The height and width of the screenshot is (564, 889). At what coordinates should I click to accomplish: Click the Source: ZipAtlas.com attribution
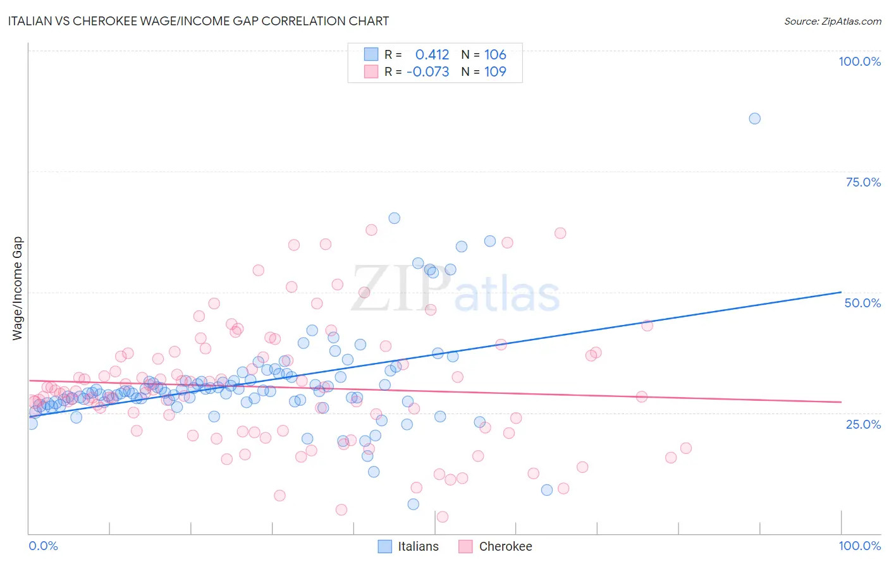click(832, 21)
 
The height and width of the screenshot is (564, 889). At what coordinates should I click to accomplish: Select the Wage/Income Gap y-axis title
click(18, 288)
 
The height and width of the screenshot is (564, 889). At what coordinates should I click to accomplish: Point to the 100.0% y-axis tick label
click(859, 61)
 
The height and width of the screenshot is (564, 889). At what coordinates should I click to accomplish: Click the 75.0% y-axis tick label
click(863, 182)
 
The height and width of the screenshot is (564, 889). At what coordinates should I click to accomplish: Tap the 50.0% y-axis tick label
click(862, 303)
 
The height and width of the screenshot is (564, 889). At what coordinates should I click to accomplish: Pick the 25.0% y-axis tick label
click(863, 424)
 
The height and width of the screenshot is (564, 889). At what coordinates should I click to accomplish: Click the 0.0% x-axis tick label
click(43, 546)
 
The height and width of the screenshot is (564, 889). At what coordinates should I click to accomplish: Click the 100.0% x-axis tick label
click(859, 546)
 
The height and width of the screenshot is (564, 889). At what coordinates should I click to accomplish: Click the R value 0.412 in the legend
click(432, 55)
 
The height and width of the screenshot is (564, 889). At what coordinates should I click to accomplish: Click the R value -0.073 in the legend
click(428, 71)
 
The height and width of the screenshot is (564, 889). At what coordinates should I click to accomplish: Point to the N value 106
click(495, 55)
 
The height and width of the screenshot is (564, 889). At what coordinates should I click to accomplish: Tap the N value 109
click(495, 71)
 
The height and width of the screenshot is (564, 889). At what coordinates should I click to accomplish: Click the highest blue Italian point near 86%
click(754, 118)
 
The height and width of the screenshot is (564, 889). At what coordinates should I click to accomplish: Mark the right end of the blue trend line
click(841, 292)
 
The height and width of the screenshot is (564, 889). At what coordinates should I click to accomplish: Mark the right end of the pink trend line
click(841, 402)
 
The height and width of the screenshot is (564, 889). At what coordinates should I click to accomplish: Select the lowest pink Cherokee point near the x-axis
click(443, 517)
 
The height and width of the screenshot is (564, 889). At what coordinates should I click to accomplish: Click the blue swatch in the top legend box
click(371, 55)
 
